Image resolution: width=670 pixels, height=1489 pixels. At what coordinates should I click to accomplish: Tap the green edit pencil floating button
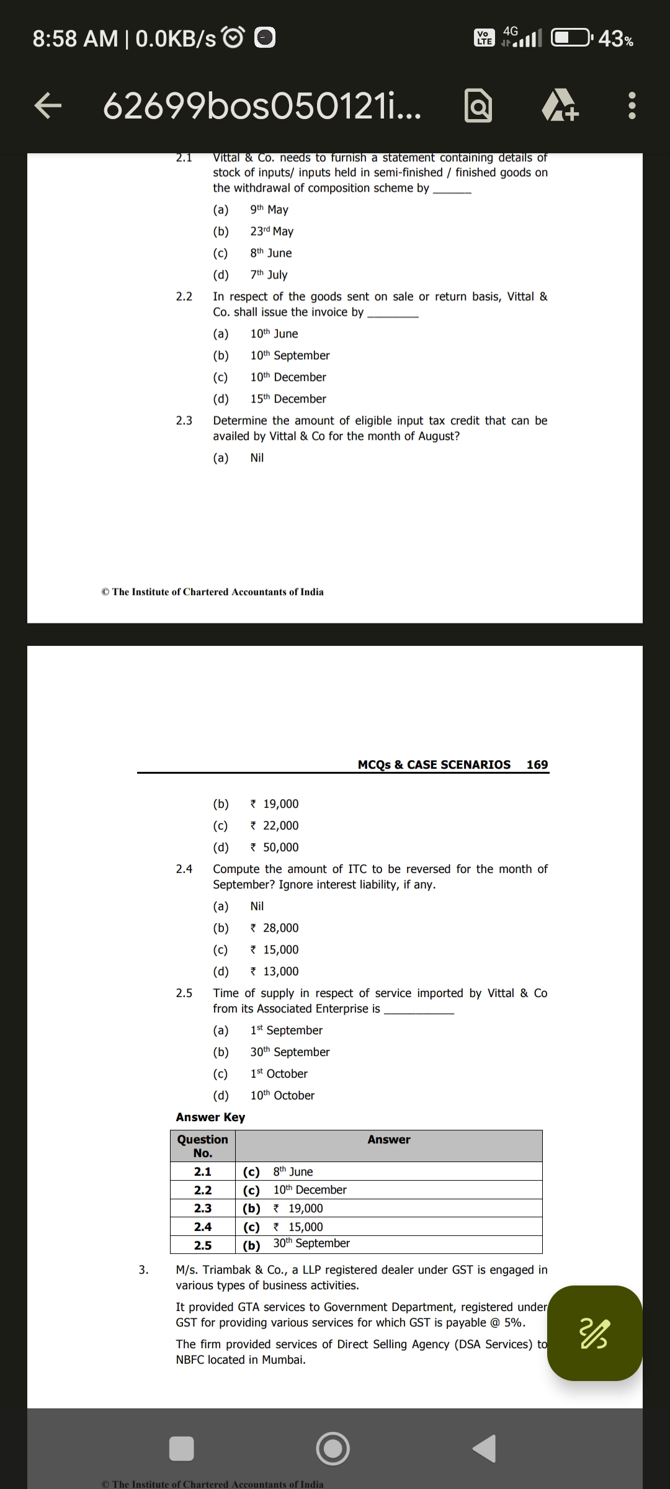click(594, 1333)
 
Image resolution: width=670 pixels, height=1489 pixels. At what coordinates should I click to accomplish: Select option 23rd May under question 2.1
click(272, 231)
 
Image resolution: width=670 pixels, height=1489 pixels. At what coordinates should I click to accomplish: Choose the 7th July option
click(269, 275)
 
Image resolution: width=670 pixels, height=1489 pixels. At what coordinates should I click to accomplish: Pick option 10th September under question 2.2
click(290, 355)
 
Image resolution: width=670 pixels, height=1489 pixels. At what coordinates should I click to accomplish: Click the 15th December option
click(288, 399)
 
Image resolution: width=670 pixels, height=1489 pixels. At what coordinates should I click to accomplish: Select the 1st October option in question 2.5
click(279, 1074)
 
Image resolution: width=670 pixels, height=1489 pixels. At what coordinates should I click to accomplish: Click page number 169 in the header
click(537, 764)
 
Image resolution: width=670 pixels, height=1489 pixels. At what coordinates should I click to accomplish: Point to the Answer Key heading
click(210, 1117)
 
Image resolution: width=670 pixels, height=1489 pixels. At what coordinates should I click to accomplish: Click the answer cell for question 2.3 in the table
click(388, 1208)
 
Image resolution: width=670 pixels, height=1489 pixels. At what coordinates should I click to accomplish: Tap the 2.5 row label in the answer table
click(203, 1245)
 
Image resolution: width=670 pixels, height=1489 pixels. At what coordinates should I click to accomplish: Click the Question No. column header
click(203, 1146)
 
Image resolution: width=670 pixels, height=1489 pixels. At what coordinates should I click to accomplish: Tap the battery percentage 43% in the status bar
click(616, 38)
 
